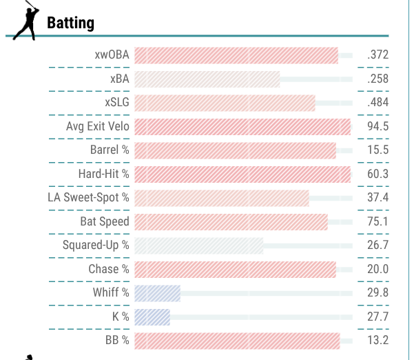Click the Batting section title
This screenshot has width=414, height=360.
[70, 23]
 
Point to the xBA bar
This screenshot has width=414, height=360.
[207, 79]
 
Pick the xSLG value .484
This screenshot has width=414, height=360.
[377, 103]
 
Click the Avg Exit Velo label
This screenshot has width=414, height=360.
[97, 127]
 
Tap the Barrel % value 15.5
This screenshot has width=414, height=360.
[377, 150]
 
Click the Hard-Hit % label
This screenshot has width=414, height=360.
[103, 174]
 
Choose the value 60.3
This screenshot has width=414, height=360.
[377, 174]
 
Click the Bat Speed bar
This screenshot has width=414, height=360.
[231, 221]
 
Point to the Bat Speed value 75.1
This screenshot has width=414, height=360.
[377, 221]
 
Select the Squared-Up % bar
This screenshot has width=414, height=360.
[199, 246]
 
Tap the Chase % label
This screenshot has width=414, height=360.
[108, 269]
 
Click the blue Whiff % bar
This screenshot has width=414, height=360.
[157, 293]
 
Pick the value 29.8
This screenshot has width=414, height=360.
[377, 293]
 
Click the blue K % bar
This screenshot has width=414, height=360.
[152, 317]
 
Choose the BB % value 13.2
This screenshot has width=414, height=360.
[377, 341]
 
